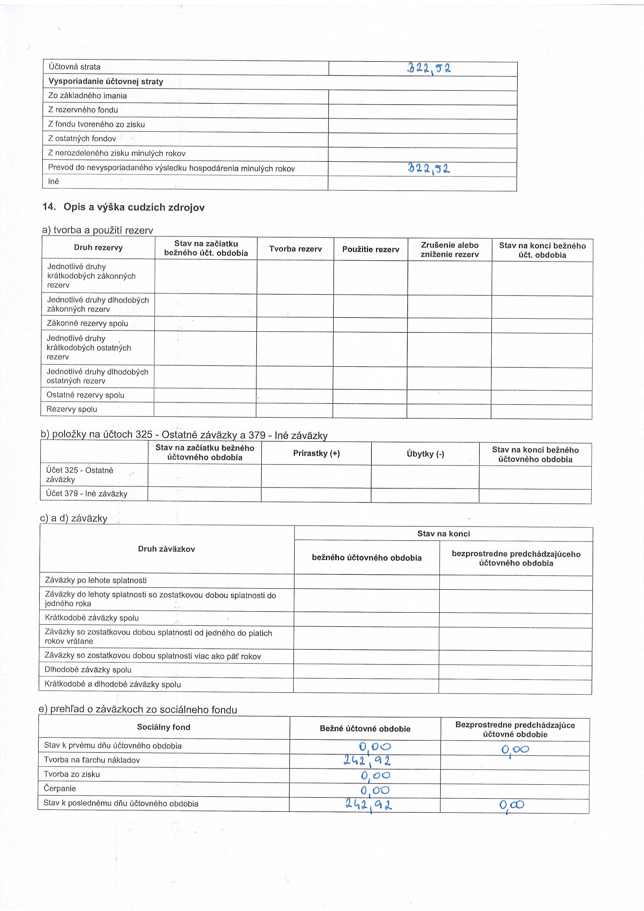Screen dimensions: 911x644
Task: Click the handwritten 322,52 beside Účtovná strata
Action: [429, 69]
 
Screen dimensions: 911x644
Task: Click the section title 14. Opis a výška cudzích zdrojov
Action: [124, 207]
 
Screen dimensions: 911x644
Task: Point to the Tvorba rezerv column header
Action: [296, 249]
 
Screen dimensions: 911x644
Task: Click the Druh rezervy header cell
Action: [98, 248]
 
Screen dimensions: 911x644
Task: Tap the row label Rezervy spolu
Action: [72, 409]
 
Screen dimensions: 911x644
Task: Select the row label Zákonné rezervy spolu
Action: [87, 323]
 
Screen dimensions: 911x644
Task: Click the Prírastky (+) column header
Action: [317, 454]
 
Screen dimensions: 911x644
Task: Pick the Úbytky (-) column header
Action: [425, 454]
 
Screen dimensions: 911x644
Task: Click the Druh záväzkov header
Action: [166, 549]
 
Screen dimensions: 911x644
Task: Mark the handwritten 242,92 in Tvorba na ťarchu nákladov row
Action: [367, 760]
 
